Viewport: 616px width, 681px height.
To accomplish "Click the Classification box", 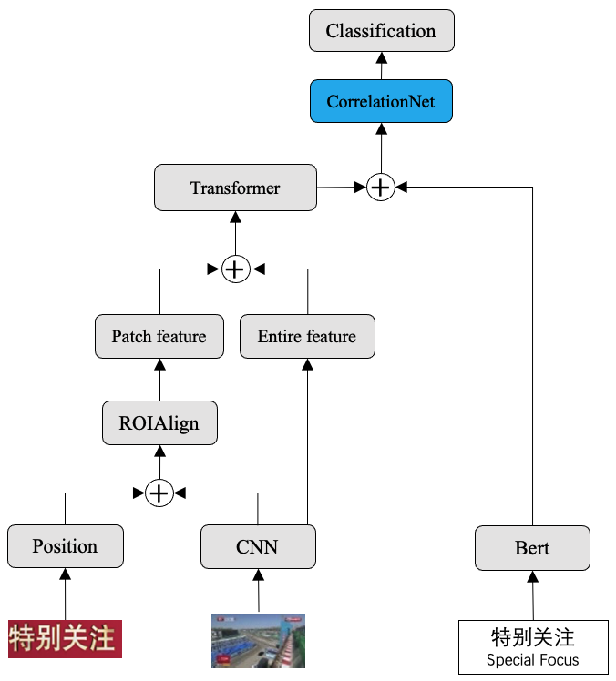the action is (381, 30).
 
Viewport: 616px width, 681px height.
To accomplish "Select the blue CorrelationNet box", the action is (381, 101).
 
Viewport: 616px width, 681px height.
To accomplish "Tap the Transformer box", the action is (235, 188).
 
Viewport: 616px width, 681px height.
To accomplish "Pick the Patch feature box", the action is (159, 337).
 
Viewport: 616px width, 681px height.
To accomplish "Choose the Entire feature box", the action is (307, 337).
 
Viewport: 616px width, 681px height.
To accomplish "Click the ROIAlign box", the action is (159, 423).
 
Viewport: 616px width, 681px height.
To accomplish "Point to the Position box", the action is (66, 546).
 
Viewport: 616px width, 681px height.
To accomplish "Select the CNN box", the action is (258, 547).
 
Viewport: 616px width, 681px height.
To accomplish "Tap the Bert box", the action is (532, 548).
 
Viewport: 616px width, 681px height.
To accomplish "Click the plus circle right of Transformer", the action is (381, 188).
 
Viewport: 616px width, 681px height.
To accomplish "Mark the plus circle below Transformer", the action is (236, 269).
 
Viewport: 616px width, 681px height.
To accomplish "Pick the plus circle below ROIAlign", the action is (159, 493).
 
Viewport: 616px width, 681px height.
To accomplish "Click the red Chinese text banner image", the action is (66, 639).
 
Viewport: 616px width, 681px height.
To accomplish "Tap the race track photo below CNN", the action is (258, 641).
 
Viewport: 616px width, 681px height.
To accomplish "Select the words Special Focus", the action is (532, 660).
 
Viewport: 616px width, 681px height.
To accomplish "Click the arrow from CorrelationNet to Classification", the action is (381, 66).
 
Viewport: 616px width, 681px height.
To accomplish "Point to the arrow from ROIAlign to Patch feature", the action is (160, 380).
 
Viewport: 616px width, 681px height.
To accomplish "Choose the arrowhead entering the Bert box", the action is (532, 577).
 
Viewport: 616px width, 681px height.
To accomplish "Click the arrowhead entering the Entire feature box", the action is (307, 365).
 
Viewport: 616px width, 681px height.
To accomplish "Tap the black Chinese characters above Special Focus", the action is (532, 637).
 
